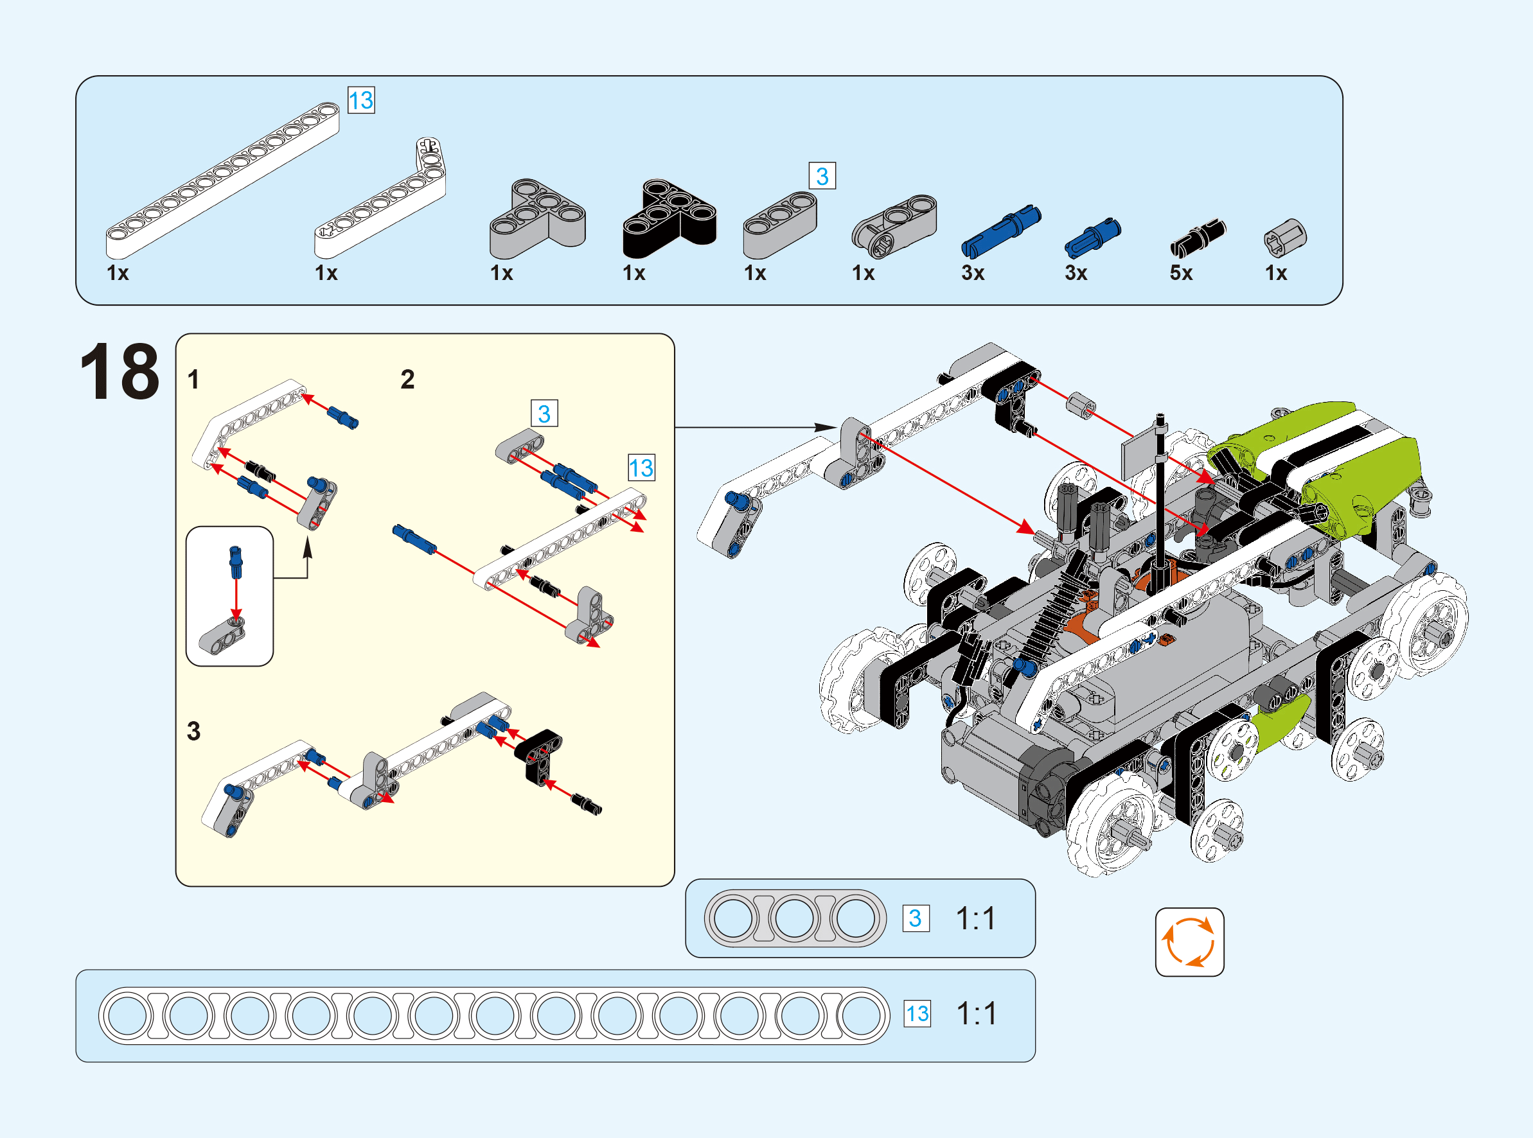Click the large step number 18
120,371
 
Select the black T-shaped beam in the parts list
669,218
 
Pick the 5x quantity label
1181,273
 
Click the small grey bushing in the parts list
1285,238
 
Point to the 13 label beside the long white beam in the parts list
361,101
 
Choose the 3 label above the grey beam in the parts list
822,176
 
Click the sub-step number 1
193,380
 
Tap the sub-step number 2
407,380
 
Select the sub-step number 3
193,731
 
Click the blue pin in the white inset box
236,563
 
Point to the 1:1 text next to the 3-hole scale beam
975,918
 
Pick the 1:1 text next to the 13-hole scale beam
977,1013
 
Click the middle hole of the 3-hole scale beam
794,918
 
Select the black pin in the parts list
1198,238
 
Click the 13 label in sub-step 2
641,468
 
